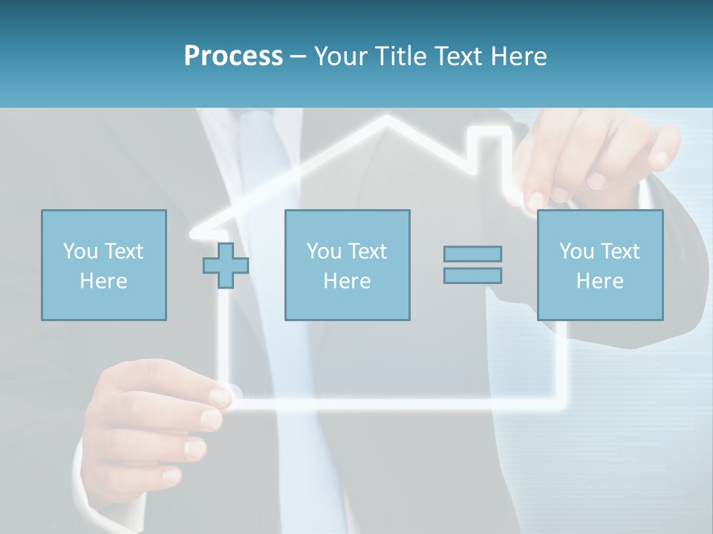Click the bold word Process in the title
(x=233, y=56)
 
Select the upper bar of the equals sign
(x=472, y=254)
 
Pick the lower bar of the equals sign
(x=472, y=275)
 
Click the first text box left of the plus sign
(x=103, y=265)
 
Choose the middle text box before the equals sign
(x=347, y=265)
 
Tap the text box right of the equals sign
(x=600, y=265)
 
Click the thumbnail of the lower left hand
(x=221, y=397)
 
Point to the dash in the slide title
(x=298, y=56)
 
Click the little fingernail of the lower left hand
(x=171, y=475)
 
